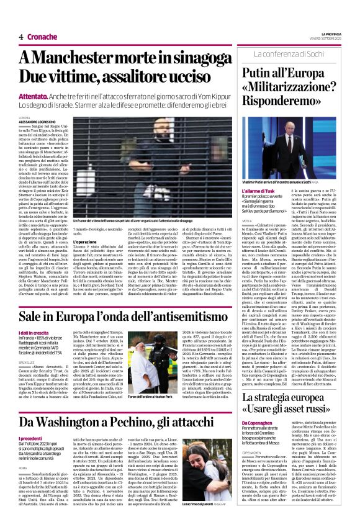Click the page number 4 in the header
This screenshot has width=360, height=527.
(21, 37)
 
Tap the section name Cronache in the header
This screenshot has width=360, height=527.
(42, 37)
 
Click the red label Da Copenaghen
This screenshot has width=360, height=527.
(255, 423)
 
